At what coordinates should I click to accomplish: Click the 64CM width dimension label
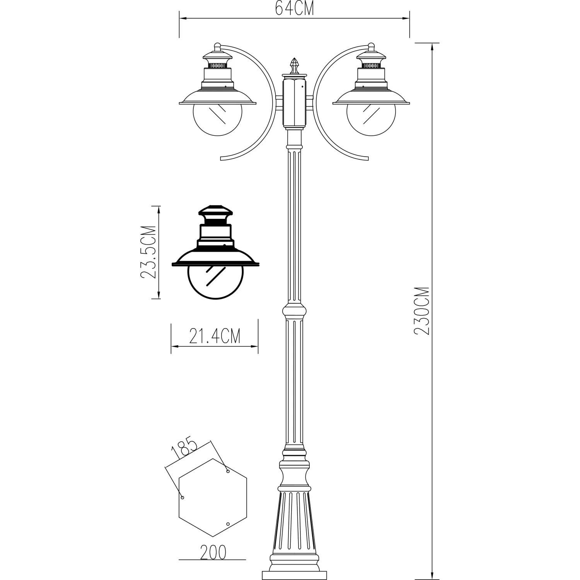pyautogui.click(x=294, y=9)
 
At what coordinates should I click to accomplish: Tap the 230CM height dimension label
pyautogui.click(x=421, y=311)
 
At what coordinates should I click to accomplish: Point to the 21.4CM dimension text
pyautogui.click(x=215, y=336)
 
